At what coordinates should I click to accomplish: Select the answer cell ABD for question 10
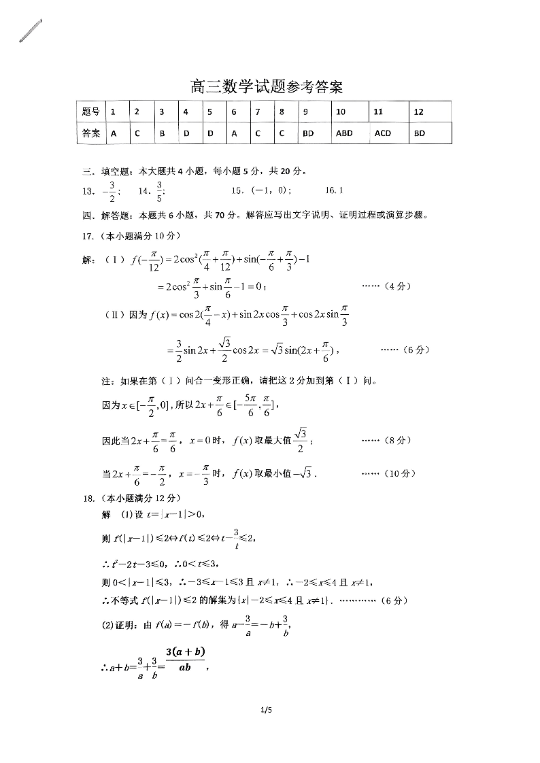[x=345, y=133]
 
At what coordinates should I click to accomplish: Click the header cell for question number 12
[x=419, y=112]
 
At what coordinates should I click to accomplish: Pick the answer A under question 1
[x=114, y=133]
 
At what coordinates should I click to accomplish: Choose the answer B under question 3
[x=163, y=133]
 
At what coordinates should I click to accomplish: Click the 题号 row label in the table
[x=90, y=112]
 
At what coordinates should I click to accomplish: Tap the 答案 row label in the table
[x=90, y=133]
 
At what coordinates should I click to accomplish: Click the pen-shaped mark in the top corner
[x=31, y=31]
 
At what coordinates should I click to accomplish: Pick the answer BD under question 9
[x=308, y=133]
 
